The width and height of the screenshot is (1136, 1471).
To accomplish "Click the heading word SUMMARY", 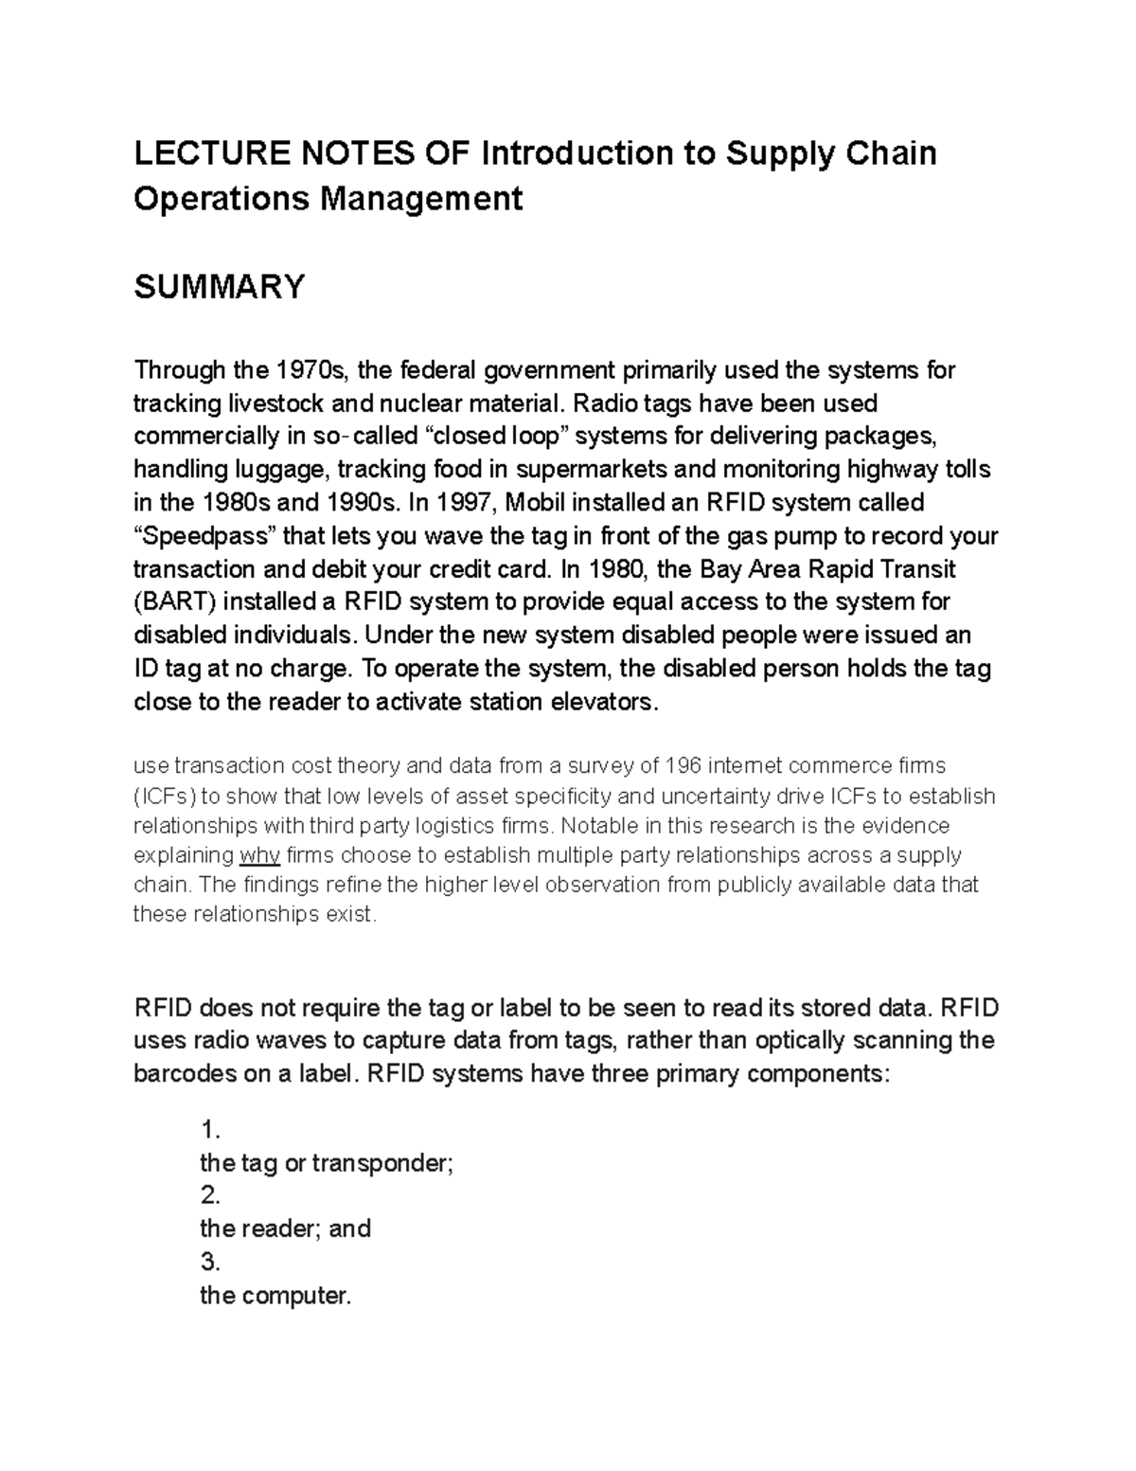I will click(x=219, y=286).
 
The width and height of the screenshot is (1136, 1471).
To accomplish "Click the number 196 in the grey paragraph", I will click(x=684, y=765).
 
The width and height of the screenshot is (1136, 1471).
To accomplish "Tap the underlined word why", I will click(x=259, y=855).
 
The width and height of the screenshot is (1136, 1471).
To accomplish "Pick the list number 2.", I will click(x=209, y=1195).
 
